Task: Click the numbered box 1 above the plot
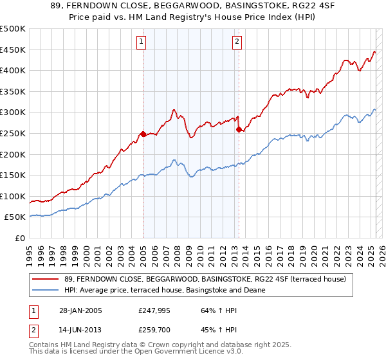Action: (141, 42)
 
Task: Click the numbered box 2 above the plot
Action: (237, 42)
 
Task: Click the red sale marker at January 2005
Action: (143, 134)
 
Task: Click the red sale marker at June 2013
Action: (239, 129)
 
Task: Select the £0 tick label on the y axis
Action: (19, 238)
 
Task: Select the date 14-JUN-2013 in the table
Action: (78, 330)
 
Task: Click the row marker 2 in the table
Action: (35, 330)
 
